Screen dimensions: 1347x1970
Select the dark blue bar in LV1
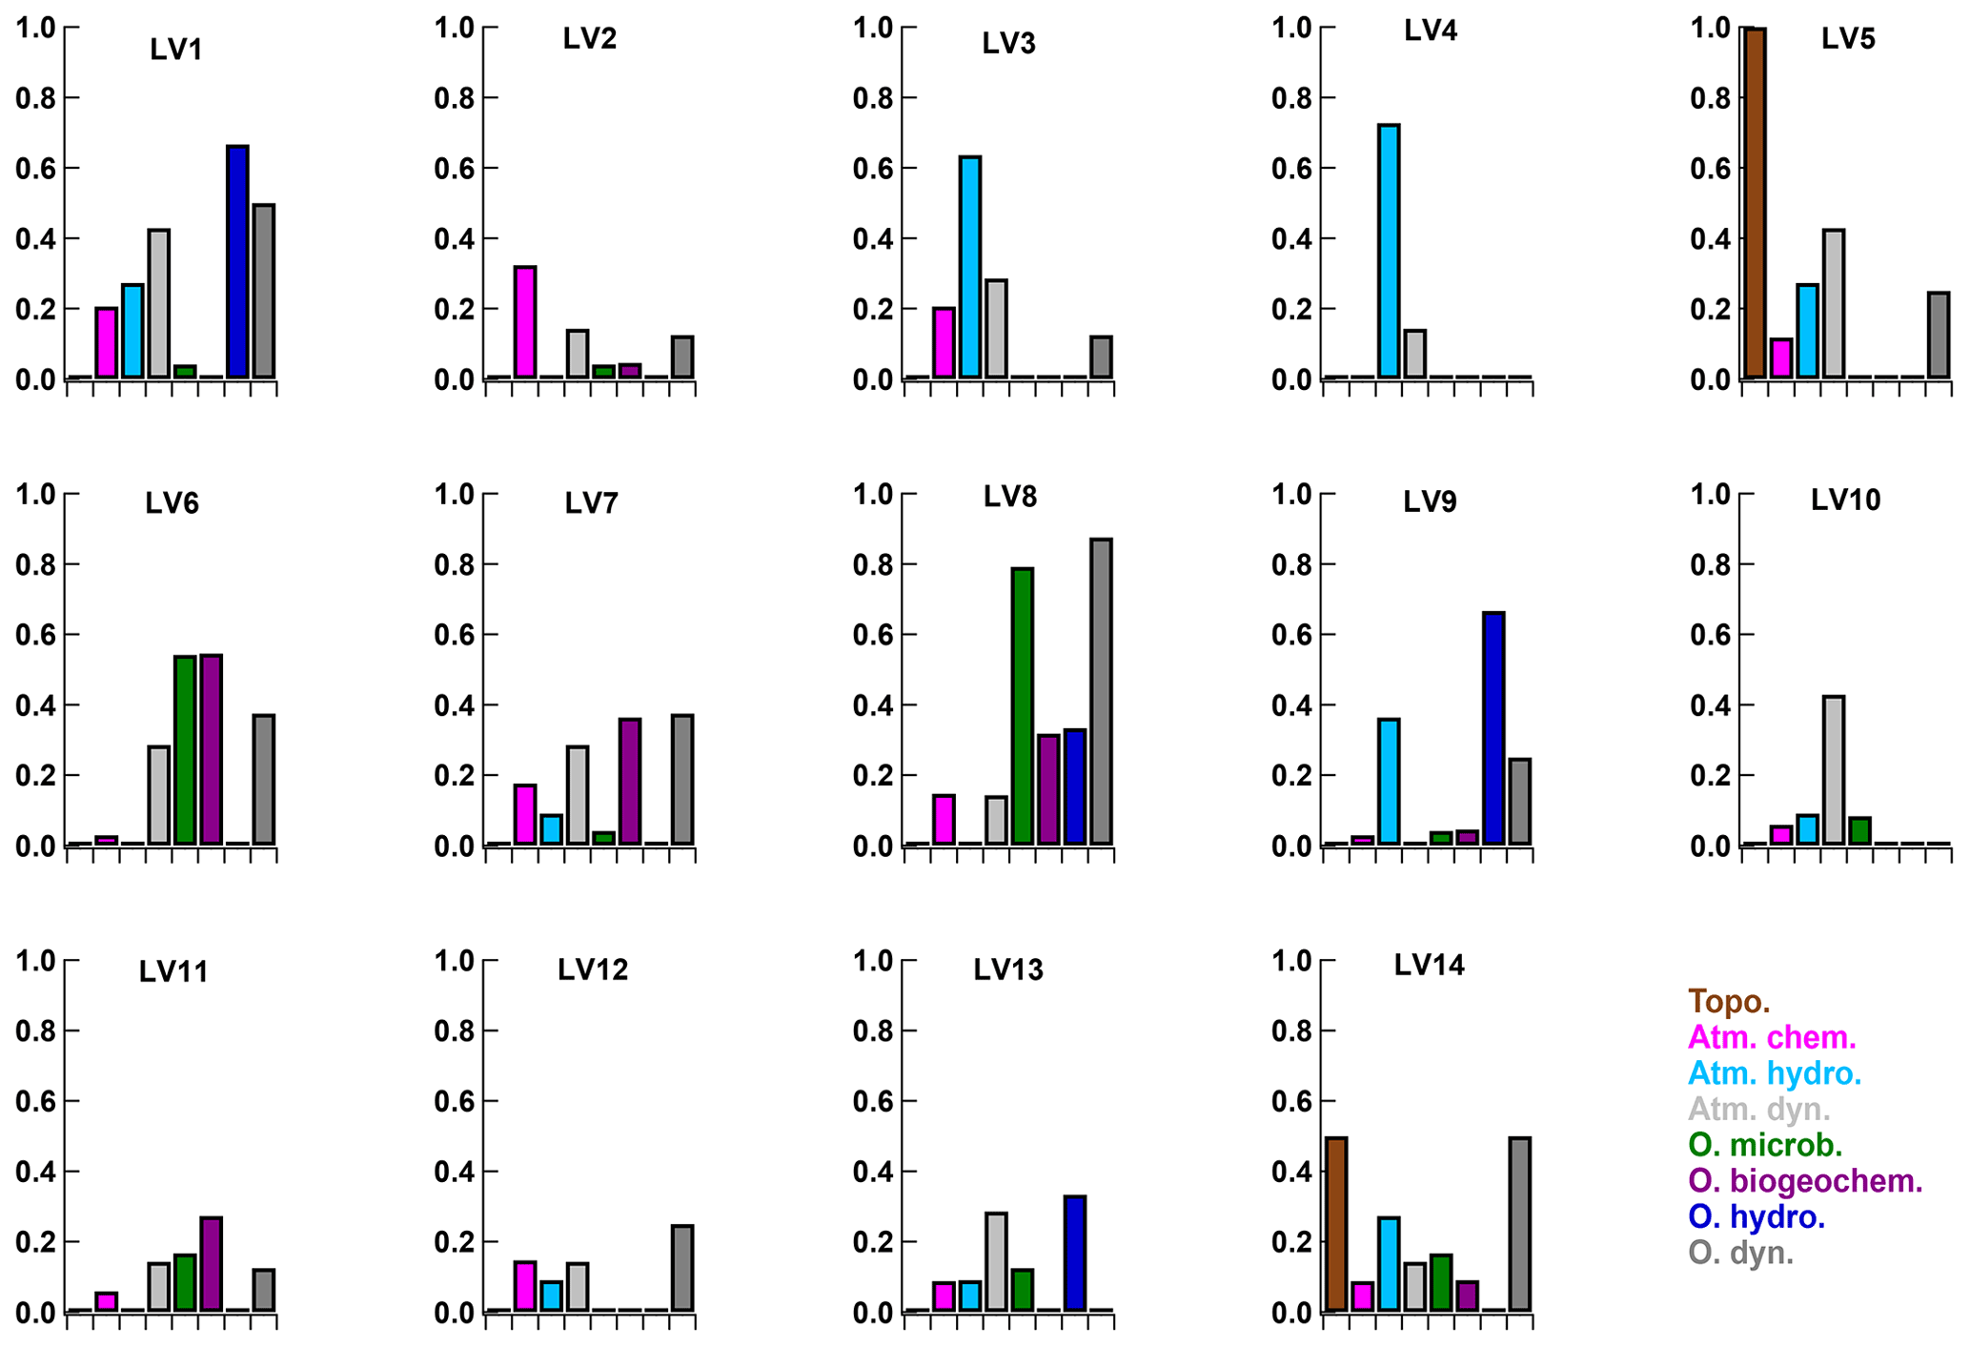coord(237,261)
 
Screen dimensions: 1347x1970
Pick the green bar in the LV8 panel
coord(1023,705)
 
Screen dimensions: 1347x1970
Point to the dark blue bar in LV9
coord(1493,728)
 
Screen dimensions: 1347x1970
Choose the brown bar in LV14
coord(1336,1224)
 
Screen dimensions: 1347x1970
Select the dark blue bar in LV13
coord(1075,1254)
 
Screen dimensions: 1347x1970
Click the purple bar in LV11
coord(211,1263)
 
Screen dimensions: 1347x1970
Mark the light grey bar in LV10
coord(1834,770)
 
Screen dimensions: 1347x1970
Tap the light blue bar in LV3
coord(970,267)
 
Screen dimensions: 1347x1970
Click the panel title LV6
coord(173,503)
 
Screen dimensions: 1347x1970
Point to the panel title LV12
coord(593,970)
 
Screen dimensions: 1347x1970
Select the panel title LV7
coord(592,503)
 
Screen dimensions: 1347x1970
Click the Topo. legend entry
coord(1729,1002)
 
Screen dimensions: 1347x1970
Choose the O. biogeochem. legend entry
coord(1805,1181)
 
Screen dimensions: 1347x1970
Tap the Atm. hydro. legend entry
coord(1775,1073)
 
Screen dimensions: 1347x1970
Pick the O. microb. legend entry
coord(1765,1145)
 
